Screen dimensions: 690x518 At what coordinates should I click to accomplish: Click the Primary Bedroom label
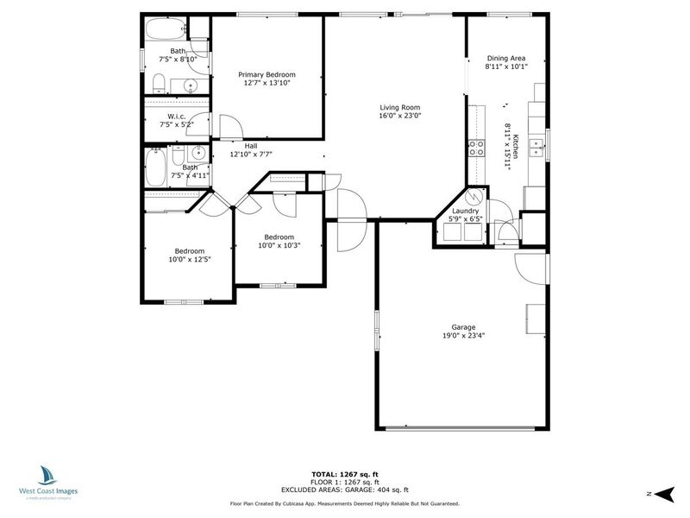267,74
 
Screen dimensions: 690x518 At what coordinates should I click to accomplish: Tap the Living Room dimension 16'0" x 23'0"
400,116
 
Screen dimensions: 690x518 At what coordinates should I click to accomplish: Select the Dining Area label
506,58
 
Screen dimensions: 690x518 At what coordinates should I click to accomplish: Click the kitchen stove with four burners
476,148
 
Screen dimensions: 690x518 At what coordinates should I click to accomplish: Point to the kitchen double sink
536,148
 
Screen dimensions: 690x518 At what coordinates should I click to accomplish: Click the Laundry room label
465,211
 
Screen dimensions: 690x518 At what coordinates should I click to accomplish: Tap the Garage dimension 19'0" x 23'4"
464,336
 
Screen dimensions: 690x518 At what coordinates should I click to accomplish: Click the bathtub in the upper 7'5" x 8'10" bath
166,29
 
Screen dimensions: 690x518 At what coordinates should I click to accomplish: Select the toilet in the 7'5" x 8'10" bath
159,84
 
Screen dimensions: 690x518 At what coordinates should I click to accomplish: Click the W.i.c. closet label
177,117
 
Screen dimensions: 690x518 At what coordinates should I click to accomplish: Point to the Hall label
251,146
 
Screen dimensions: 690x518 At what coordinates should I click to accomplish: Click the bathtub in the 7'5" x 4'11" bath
155,167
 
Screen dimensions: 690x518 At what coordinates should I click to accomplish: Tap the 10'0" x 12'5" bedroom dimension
190,260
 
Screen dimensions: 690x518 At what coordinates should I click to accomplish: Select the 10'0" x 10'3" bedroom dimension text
279,245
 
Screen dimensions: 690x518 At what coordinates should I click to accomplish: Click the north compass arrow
664,494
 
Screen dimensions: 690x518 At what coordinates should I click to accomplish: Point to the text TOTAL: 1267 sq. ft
345,474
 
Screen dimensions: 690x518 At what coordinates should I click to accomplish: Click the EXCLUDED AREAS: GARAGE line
345,490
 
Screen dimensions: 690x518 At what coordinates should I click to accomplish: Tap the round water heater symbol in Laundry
474,197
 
